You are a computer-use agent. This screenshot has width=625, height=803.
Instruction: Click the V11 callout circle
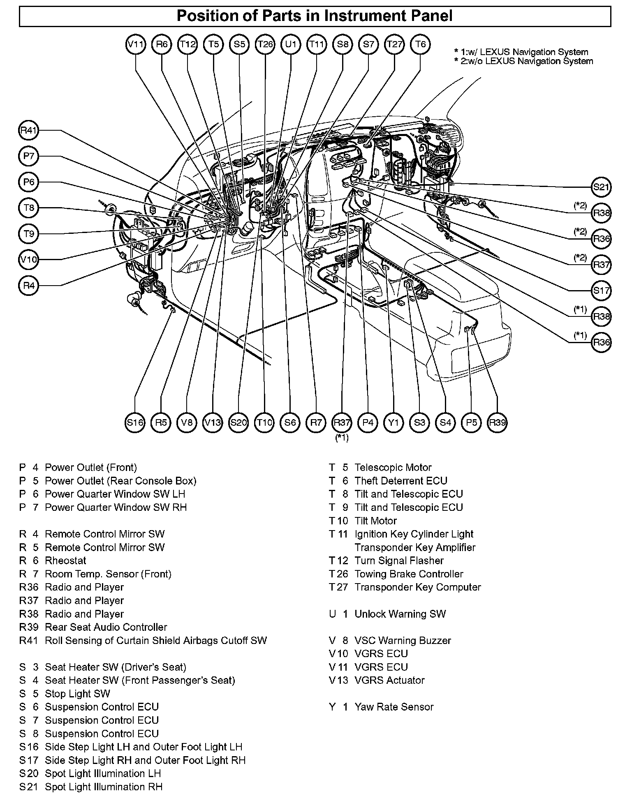[x=135, y=44]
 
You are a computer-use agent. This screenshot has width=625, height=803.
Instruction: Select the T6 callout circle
[x=420, y=44]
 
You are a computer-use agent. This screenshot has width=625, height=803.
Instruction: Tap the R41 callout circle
[x=29, y=131]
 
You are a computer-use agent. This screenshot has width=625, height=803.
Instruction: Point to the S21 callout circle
[x=601, y=187]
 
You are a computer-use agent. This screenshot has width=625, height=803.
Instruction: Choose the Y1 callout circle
[x=394, y=422]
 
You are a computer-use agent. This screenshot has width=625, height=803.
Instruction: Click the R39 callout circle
[x=497, y=422]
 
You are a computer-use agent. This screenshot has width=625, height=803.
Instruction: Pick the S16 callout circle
[x=135, y=422]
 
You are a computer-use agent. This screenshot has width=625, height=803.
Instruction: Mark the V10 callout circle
[x=29, y=260]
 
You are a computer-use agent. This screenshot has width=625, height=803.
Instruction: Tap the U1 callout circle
[x=291, y=44]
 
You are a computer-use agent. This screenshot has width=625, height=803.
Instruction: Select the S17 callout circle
[x=601, y=291]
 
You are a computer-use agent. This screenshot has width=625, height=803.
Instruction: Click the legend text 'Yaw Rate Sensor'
[x=394, y=707]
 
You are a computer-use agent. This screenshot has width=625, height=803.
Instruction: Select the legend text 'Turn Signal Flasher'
[x=399, y=561]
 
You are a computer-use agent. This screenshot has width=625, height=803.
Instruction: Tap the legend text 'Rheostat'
[x=65, y=561]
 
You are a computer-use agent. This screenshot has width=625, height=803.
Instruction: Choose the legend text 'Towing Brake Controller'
[x=409, y=574]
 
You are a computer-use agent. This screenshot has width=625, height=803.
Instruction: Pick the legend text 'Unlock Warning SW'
[x=400, y=614]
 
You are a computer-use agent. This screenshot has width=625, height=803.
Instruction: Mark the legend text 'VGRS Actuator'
[x=389, y=680]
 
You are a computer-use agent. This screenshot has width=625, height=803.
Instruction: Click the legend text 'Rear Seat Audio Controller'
[x=106, y=627]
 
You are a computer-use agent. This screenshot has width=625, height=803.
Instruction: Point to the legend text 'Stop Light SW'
[x=77, y=694]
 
